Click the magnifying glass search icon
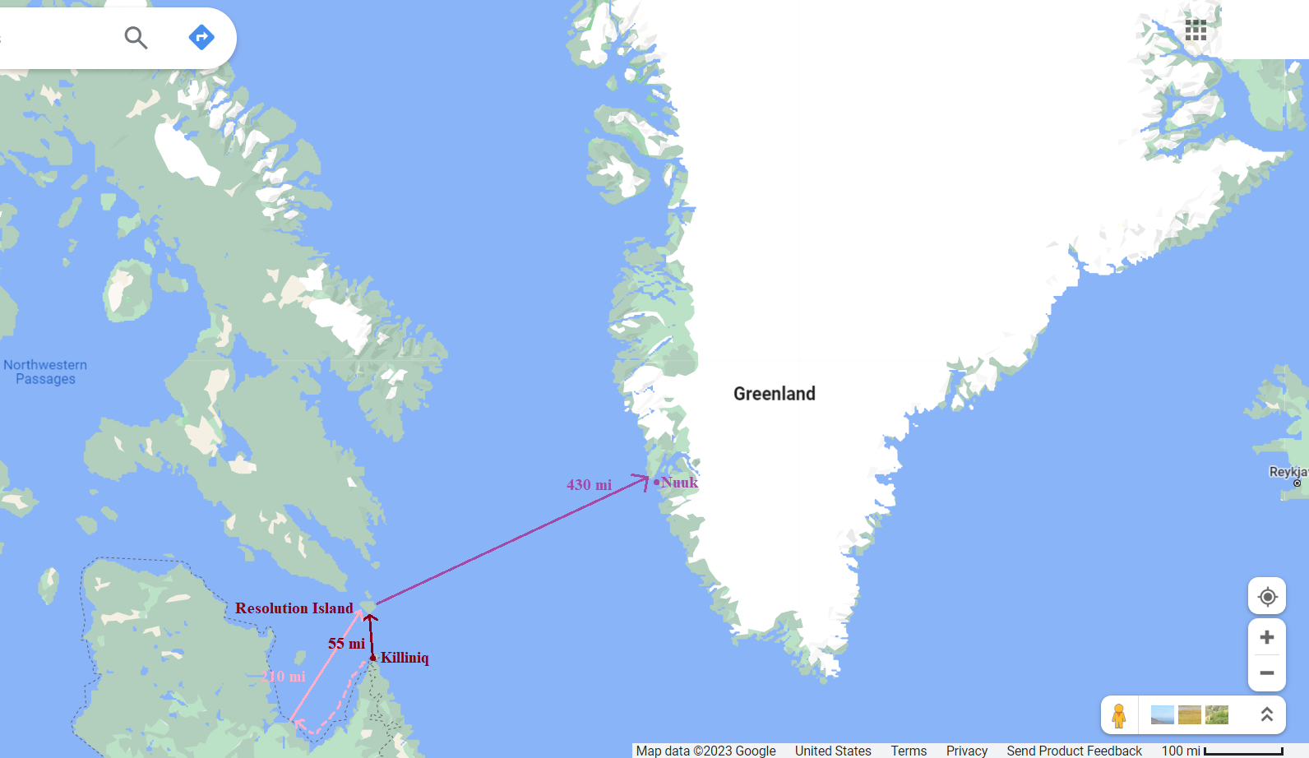(136, 37)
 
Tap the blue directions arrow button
(201, 37)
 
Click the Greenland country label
(774, 394)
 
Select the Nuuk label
(679, 483)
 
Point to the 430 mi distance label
(589, 485)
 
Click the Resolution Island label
(294, 608)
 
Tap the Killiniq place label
(405, 658)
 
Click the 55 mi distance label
(346, 644)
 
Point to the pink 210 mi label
(284, 677)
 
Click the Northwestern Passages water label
(45, 372)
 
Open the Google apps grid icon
(1196, 30)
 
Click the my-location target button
(1267, 596)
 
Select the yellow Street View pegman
(1119, 715)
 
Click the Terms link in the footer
(909, 751)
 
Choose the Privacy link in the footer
(966, 751)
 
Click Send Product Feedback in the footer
(1074, 751)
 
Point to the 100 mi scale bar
(1242, 751)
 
